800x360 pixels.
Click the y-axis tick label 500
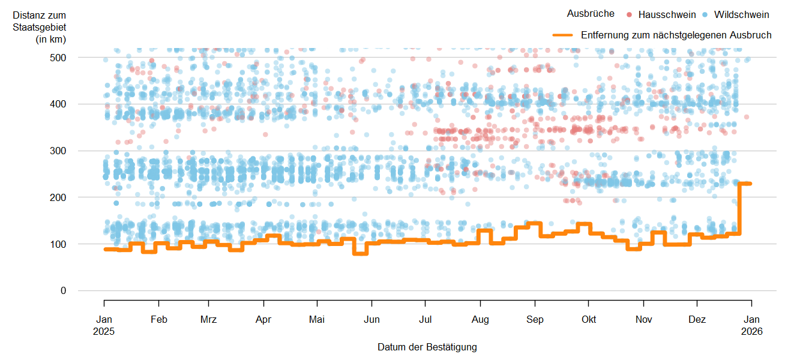(58, 58)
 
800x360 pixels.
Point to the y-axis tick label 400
(58, 104)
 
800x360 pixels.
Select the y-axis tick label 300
(58, 151)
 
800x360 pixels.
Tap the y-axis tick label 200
(58, 197)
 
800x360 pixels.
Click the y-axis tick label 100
(58, 244)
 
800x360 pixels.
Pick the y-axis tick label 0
(63, 291)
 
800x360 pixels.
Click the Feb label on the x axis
(158, 320)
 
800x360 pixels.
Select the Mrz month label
(208, 320)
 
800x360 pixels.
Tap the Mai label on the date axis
(317, 320)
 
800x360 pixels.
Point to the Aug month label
(480, 320)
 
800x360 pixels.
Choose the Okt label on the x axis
(589, 320)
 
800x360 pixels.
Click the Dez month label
(697, 320)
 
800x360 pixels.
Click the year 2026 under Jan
(752, 331)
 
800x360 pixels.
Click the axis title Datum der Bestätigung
(427, 347)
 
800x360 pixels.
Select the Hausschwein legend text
(667, 14)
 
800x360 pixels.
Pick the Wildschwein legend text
(741, 14)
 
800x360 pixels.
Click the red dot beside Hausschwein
(629, 14)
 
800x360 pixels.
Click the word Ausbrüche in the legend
(591, 14)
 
